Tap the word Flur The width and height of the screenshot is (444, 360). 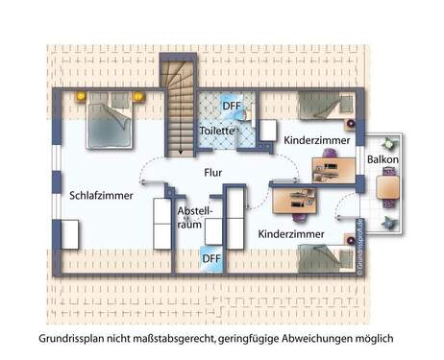[213, 174]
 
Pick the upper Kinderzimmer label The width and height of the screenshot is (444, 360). [316, 141]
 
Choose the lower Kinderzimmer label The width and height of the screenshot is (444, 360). [290, 233]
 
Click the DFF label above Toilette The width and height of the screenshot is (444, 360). [231, 107]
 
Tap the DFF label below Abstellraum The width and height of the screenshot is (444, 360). [210, 257]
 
